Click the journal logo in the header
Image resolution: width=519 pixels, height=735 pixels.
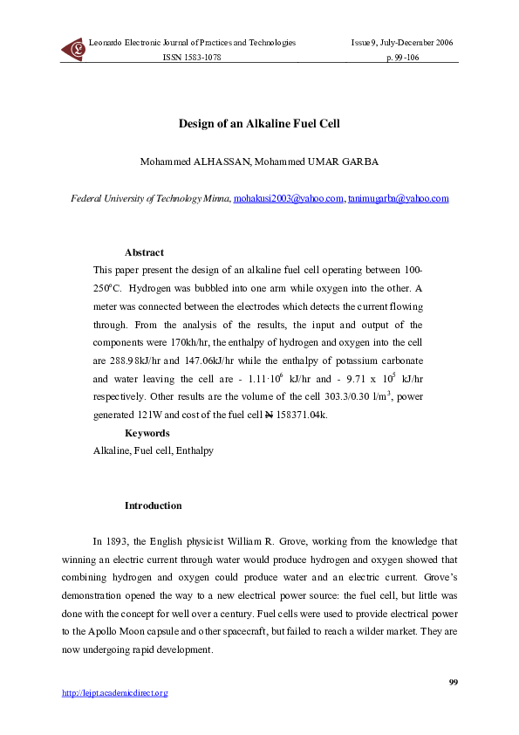[x=73, y=50]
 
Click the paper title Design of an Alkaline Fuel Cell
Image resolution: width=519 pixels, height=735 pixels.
[x=259, y=124]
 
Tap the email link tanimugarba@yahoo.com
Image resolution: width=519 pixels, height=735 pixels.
[x=399, y=199]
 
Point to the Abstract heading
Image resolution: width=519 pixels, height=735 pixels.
[x=144, y=252]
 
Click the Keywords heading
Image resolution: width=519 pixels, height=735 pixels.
[x=147, y=433]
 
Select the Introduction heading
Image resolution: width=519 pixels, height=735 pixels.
[x=154, y=505]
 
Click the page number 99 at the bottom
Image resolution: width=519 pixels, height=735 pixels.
[x=453, y=681]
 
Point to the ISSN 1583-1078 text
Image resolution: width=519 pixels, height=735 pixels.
[x=193, y=57]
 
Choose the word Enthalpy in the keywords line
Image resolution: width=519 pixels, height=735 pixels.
[x=195, y=451]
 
